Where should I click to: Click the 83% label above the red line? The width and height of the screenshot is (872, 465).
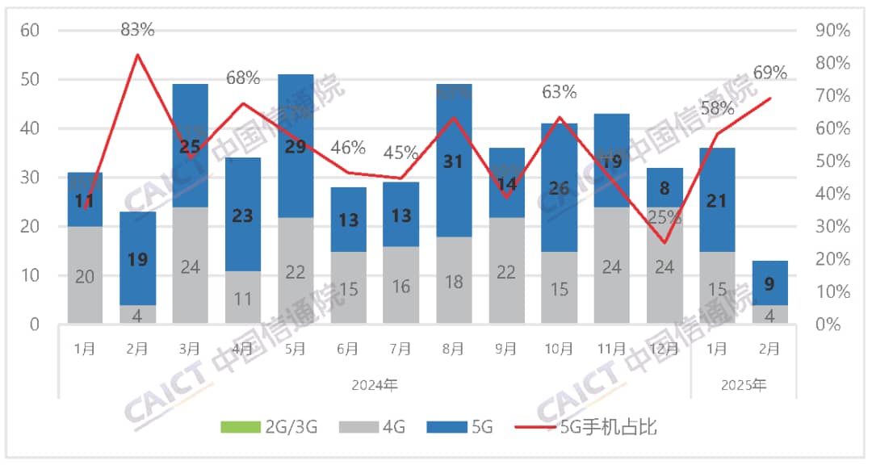click(137, 30)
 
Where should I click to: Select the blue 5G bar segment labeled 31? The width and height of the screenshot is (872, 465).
click(454, 161)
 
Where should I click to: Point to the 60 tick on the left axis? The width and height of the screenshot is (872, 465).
click(31, 31)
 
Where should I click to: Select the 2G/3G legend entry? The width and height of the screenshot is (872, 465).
click(267, 427)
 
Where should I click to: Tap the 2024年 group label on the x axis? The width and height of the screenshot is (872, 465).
click(375, 385)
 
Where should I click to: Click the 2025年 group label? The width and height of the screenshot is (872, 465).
click(743, 385)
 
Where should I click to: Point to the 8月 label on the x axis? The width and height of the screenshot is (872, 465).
click(454, 349)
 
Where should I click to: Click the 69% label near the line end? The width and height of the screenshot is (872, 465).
click(769, 73)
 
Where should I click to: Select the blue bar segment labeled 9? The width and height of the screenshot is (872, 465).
click(769, 283)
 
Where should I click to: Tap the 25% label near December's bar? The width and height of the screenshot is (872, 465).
click(664, 217)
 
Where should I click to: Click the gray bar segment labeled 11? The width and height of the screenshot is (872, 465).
click(243, 297)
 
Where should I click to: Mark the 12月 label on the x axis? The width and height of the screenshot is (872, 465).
click(664, 349)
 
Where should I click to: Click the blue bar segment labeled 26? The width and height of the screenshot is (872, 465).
click(559, 188)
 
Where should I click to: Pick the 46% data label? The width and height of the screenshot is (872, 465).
click(348, 148)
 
